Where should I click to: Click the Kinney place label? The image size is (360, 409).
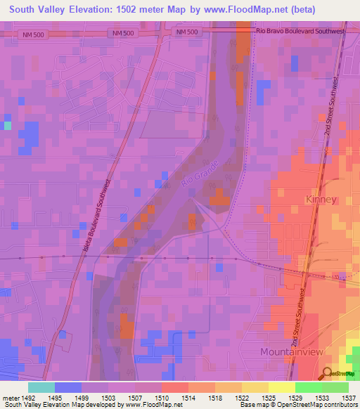321,200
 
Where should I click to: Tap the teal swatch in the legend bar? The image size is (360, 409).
41,387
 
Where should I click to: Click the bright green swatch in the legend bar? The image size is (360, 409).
308,387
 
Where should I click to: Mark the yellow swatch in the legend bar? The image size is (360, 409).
281,387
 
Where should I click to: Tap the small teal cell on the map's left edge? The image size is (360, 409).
7,126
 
